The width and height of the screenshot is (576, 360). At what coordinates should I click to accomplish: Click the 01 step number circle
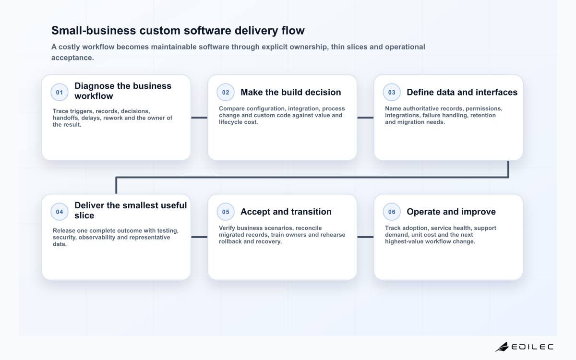pyautogui.click(x=60, y=92)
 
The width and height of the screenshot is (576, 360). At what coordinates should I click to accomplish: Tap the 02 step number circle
pyautogui.click(x=226, y=92)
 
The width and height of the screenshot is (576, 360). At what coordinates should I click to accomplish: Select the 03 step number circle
pyautogui.click(x=392, y=92)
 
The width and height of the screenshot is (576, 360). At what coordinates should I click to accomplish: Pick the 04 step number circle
pyautogui.click(x=60, y=212)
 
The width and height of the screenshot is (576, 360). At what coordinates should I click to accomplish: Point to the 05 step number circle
pyautogui.click(x=226, y=212)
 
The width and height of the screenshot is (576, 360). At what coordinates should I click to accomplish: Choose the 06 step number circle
pyautogui.click(x=392, y=212)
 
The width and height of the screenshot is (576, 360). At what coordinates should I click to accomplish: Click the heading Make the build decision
pyautogui.click(x=291, y=92)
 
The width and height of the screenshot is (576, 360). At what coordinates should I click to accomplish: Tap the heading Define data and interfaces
pyautogui.click(x=462, y=92)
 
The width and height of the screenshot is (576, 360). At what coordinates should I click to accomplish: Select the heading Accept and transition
pyautogui.click(x=286, y=212)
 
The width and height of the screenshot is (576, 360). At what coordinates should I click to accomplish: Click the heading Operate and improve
pyautogui.click(x=451, y=212)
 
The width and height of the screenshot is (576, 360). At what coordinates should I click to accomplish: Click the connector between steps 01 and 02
pyautogui.click(x=199, y=118)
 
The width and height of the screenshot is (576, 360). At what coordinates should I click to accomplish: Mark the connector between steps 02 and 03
pyautogui.click(x=365, y=118)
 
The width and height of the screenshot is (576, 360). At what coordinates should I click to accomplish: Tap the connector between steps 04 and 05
pyautogui.click(x=199, y=237)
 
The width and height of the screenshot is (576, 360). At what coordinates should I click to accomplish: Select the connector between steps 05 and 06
pyautogui.click(x=365, y=237)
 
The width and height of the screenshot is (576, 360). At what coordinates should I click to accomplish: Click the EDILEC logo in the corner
pyautogui.click(x=524, y=347)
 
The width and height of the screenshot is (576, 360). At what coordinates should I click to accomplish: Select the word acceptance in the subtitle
pyautogui.click(x=72, y=58)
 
